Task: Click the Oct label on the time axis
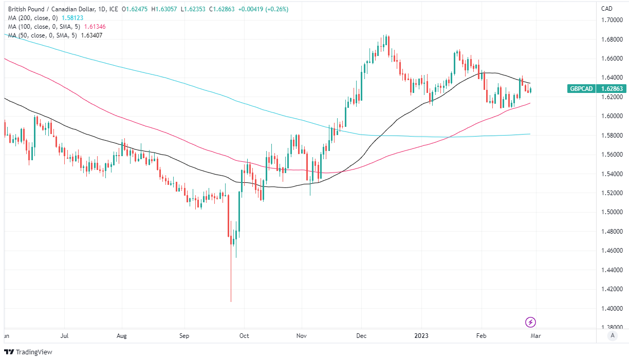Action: pos(245,336)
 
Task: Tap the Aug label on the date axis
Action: pos(122,336)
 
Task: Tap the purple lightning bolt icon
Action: pos(531,323)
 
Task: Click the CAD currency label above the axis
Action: pos(606,9)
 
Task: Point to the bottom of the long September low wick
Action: pos(231,301)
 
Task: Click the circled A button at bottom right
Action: pos(612,336)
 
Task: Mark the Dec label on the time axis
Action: pos(361,336)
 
